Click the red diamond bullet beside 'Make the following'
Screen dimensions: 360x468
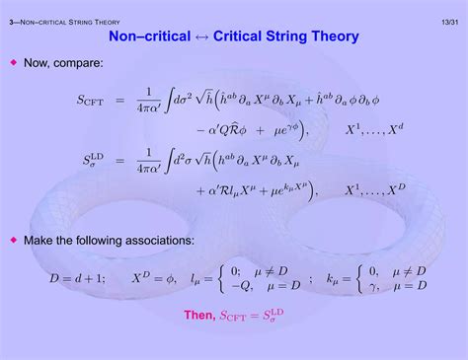pos(14,240)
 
